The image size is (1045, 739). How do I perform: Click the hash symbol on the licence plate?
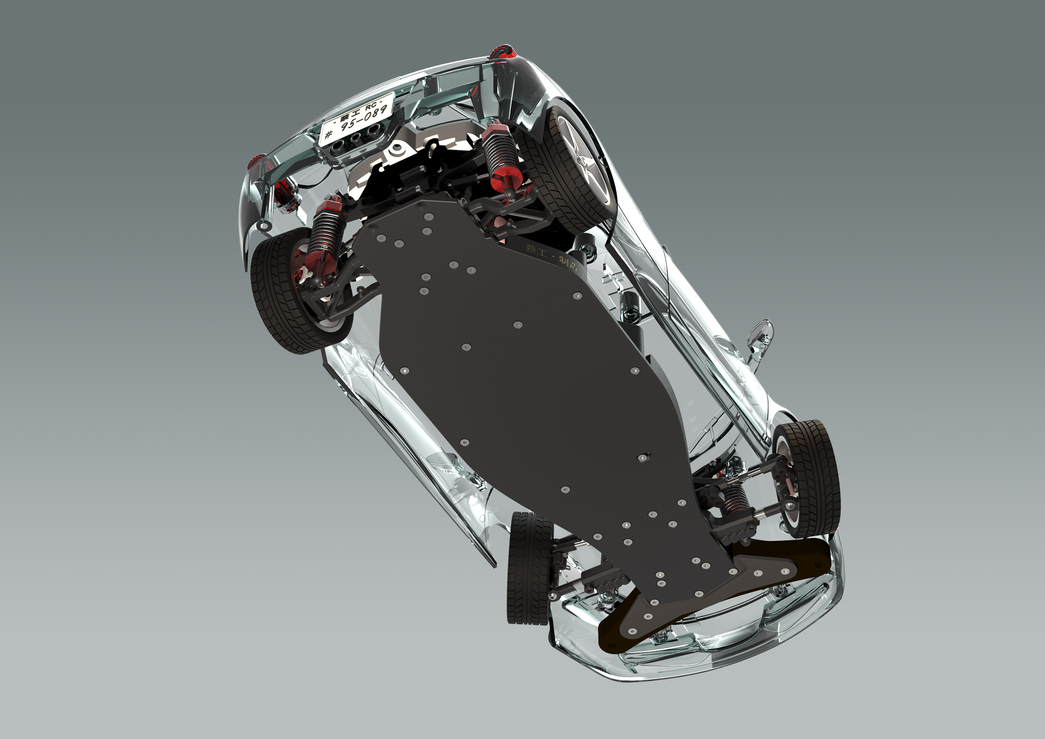point(328,134)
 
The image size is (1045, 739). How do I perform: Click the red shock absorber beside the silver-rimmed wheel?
point(501,155)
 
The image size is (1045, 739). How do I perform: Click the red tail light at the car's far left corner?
point(256,161)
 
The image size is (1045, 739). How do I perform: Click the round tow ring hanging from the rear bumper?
point(263,226)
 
